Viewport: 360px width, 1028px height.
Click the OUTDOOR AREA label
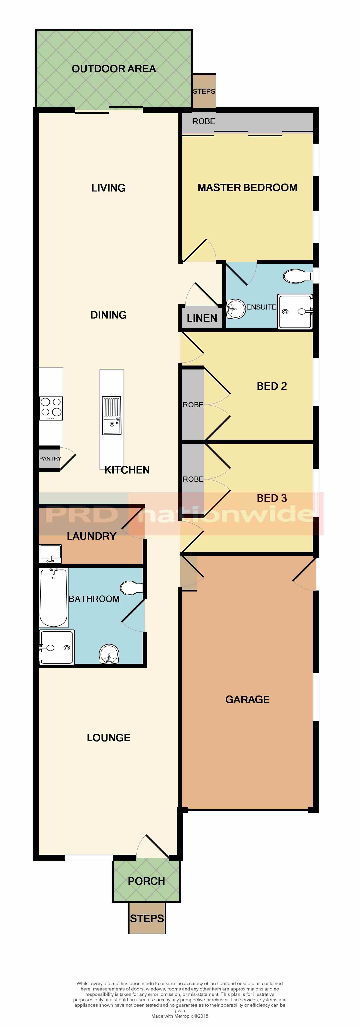point(114,69)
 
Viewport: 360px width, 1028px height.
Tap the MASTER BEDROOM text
point(247,188)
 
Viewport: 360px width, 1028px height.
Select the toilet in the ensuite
point(298,276)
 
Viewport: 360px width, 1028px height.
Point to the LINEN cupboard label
point(202,318)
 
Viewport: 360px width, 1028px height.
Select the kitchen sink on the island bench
point(112,415)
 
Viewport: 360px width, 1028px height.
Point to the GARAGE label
point(247,699)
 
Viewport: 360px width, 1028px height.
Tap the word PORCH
point(146,881)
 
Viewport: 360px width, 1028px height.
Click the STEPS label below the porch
point(147,918)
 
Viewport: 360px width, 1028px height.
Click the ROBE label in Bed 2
point(193,405)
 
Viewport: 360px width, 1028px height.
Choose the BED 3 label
point(272,498)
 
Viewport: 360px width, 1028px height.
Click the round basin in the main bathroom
point(109,654)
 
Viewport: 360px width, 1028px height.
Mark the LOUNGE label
point(108,738)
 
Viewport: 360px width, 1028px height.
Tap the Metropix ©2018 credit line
point(180,1016)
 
